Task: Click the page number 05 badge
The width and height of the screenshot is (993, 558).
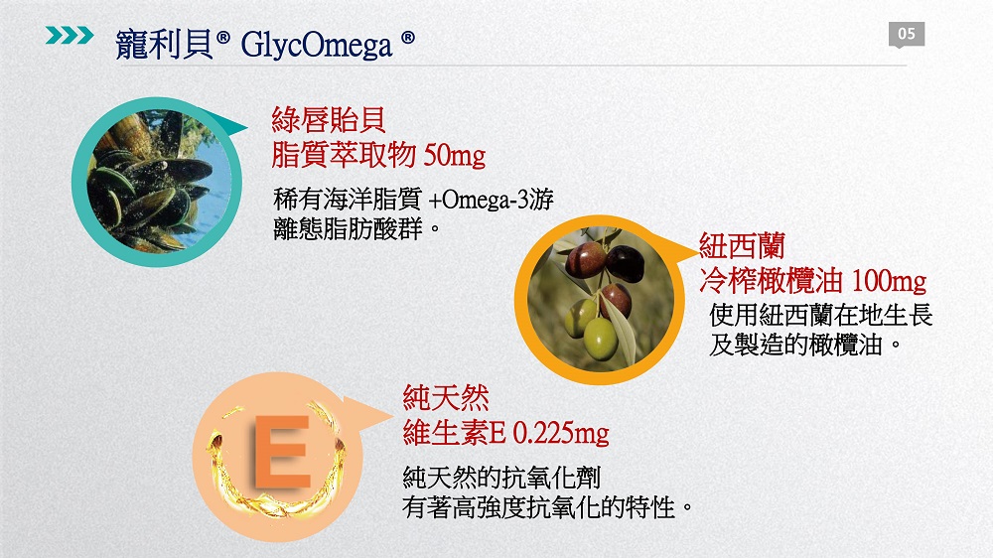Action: tap(907, 34)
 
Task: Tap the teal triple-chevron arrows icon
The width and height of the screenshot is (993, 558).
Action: tap(70, 35)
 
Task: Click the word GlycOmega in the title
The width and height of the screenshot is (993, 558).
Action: tap(317, 45)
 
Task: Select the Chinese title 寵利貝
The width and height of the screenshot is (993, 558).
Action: tap(165, 45)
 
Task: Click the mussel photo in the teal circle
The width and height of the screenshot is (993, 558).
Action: tap(157, 182)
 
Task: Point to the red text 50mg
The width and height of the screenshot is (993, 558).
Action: tap(454, 155)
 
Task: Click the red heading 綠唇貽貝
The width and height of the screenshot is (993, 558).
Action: tap(328, 120)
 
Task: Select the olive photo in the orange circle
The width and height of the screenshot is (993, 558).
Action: tap(599, 300)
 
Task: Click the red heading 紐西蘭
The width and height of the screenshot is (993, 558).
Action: tap(742, 246)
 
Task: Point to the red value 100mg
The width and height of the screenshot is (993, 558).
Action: tap(889, 281)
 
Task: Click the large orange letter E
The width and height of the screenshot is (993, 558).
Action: tap(282, 452)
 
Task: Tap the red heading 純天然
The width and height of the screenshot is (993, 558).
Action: tap(446, 398)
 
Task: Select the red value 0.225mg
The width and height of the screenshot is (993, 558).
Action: tap(560, 433)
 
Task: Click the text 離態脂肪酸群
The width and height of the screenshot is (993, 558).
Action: tap(348, 228)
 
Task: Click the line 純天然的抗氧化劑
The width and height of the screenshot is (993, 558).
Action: tap(501, 478)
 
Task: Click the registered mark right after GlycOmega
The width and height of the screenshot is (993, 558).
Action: tap(408, 38)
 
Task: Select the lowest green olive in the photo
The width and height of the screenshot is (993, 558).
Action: tap(600, 339)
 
